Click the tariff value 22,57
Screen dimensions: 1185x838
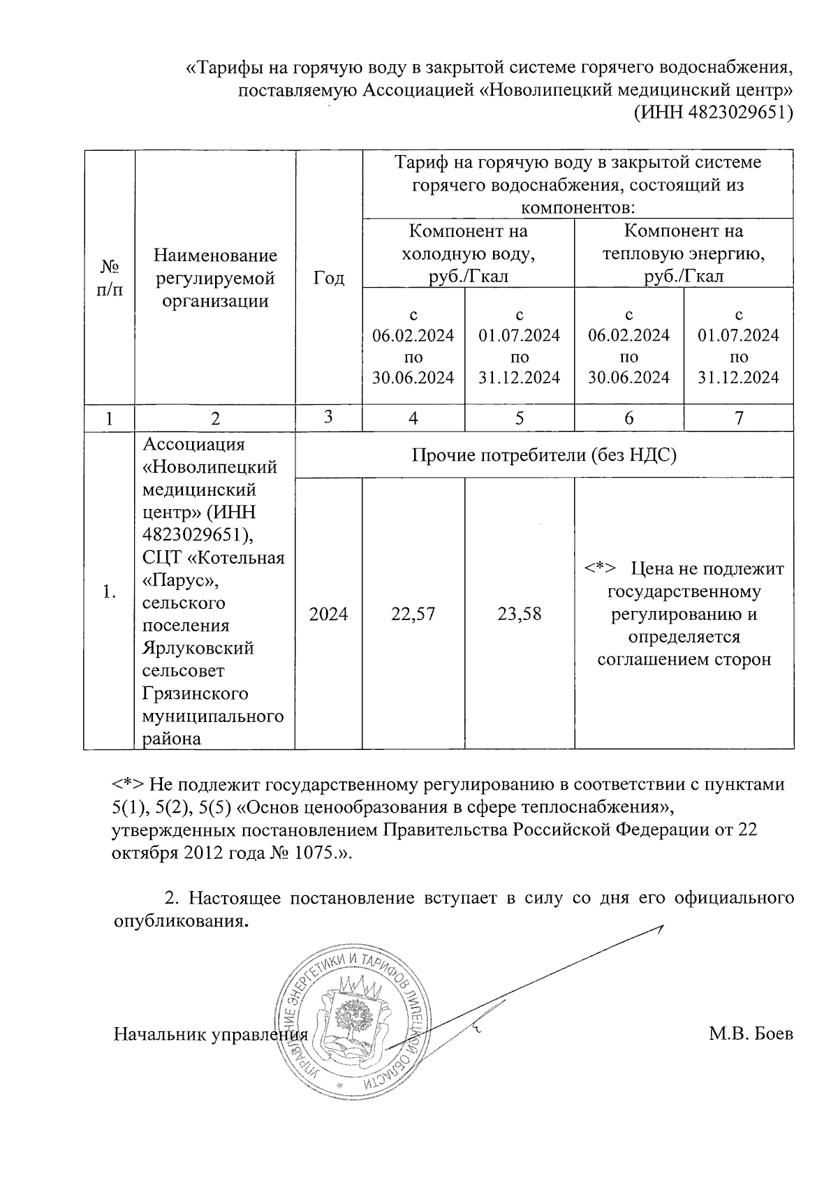tap(413, 614)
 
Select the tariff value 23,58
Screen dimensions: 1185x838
tap(520, 614)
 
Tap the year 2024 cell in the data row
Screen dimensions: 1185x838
tap(328, 614)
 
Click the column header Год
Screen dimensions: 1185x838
tap(328, 278)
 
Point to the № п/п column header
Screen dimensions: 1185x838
tap(108, 278)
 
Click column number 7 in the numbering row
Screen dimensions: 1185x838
tap(739, 418)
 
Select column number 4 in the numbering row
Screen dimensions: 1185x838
tap(413, 418)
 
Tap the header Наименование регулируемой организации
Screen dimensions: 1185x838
tap(215, 278)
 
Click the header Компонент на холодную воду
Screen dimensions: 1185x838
tap(468, 253)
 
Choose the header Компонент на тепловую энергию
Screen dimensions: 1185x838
tap(684, 253)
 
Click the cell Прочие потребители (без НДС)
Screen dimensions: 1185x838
tap(544, 455)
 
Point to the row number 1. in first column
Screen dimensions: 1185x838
tap(108, 592)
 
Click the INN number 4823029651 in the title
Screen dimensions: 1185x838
tap(742, 112)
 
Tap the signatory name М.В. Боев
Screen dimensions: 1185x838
tap(751, 1033)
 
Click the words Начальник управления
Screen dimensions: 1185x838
tap(210, 1033)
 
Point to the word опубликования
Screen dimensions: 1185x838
tap(180, 921)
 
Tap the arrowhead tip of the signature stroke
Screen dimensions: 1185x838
tap(661, 927)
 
